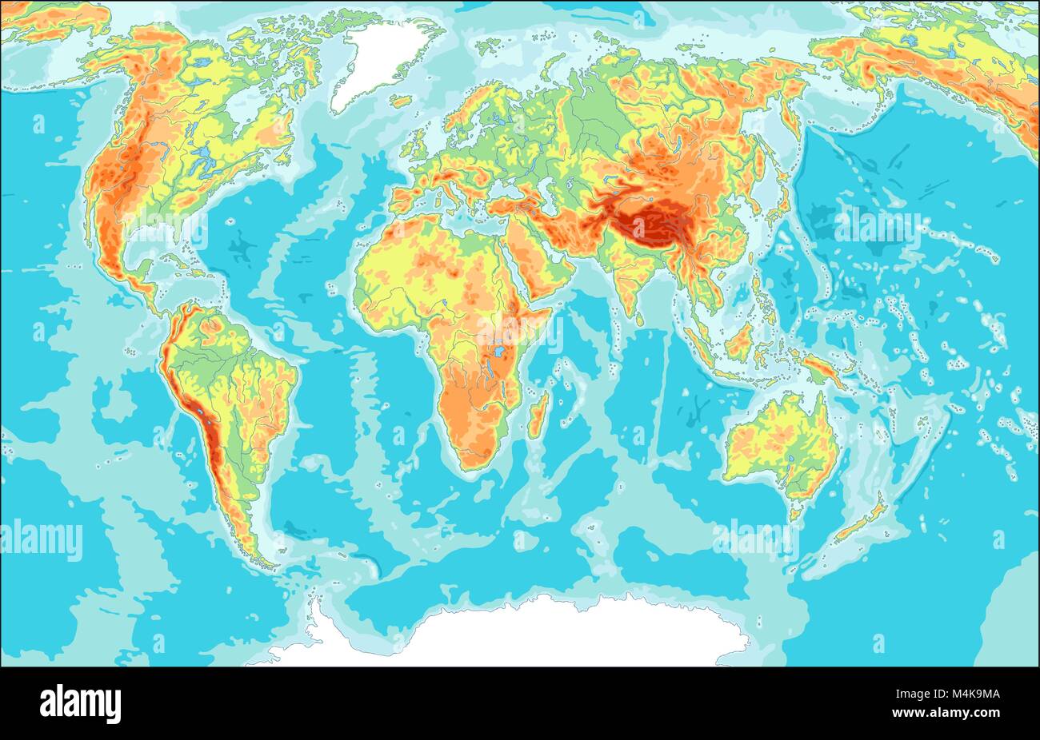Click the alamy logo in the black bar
[80, 703]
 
